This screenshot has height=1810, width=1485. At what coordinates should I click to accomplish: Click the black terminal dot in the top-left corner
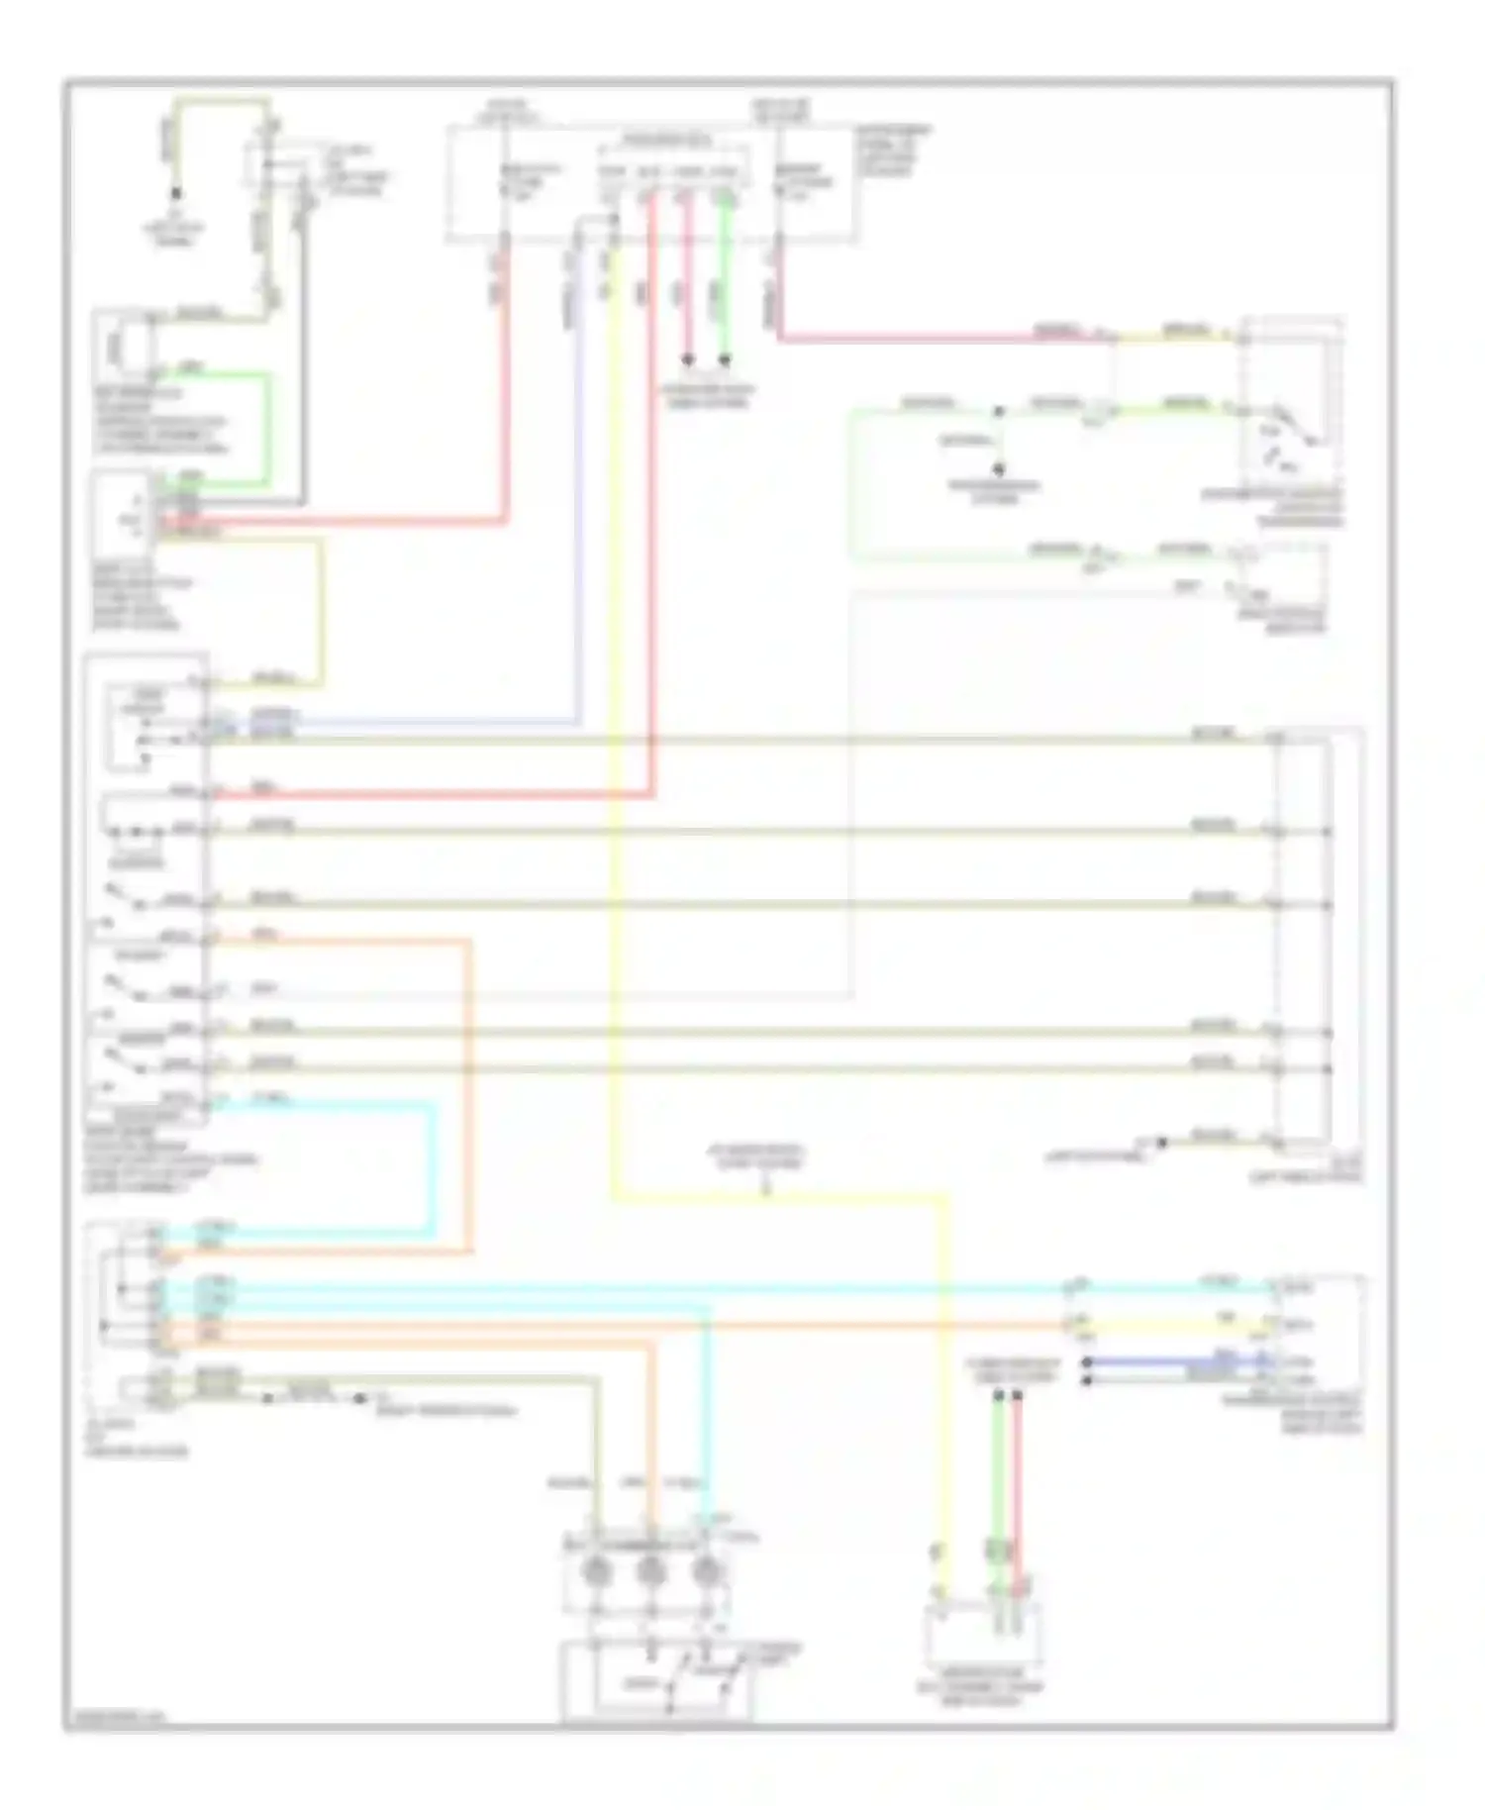tap(177, 194)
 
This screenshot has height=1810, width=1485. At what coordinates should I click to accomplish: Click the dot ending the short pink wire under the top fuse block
tap(687, 359)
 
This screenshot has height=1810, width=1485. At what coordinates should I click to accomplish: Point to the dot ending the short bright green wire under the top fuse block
tap(725, 359)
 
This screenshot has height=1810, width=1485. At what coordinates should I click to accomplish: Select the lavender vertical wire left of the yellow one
tap(578, 495)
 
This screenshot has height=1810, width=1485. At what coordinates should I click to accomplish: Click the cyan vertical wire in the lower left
tap(433, 1168)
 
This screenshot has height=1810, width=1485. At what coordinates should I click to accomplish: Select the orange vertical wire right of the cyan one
tap(468, 1089)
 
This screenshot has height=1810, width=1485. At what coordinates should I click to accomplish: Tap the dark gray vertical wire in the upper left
tap(304, 396)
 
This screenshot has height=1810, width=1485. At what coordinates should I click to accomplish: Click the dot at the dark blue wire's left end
tap(1087, 1363)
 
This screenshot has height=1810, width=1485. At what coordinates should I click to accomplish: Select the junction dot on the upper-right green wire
tap(998, 410)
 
